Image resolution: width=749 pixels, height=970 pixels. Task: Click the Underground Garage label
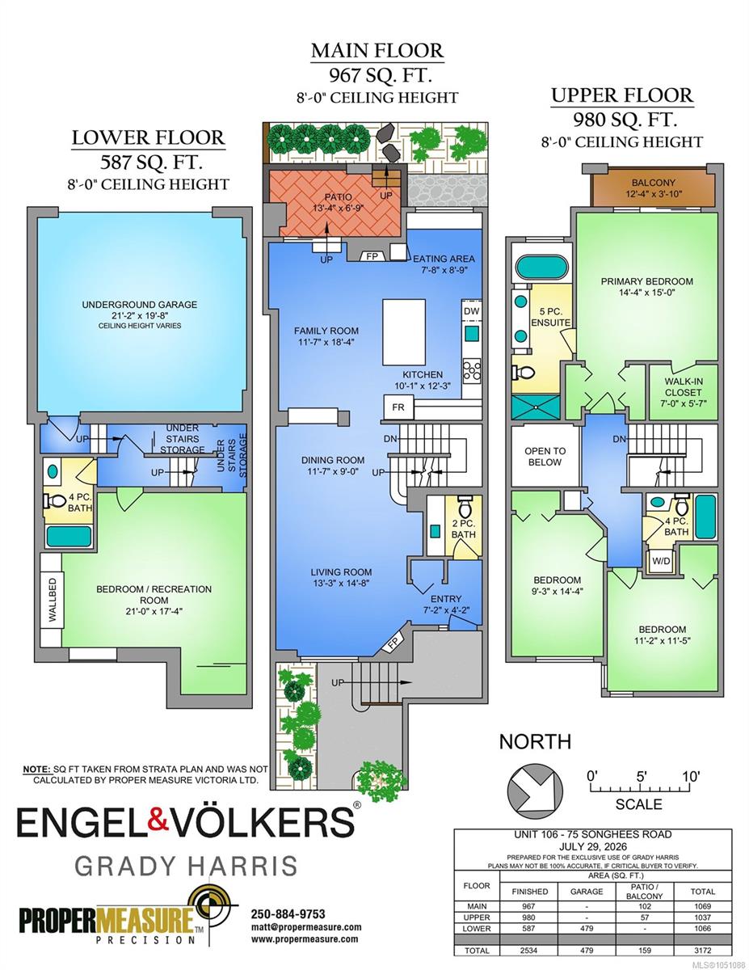point(140,305)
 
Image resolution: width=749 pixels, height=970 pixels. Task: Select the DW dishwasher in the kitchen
point(472,310)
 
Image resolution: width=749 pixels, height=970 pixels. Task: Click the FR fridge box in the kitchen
point(398,407)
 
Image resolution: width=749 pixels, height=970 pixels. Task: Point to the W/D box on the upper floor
point(661,561)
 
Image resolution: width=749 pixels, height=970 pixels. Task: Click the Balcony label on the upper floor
point(654,183)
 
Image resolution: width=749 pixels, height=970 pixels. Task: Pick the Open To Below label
point(545,456)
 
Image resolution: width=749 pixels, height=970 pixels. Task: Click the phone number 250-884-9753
point(288,913)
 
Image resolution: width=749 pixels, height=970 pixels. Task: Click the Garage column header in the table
point(586,891)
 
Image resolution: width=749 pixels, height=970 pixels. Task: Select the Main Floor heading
point(377,51)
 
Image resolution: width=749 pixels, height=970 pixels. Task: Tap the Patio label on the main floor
point(339,197)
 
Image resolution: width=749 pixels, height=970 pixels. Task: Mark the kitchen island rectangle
point(404,332)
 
